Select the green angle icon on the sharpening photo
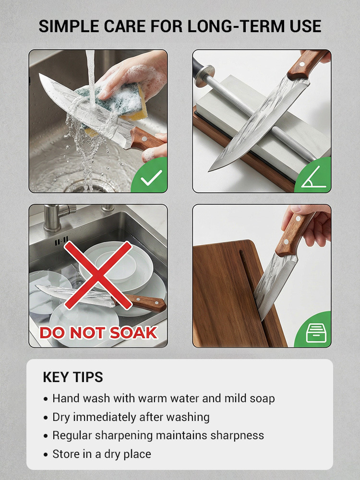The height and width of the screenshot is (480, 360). tap(314, 177)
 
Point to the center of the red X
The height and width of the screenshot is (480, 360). tap(98, 275)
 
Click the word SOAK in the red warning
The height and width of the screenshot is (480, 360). tap(133, 333)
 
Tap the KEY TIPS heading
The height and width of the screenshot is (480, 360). tap(73, 377)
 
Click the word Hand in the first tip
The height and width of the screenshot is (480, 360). tap(66, 398)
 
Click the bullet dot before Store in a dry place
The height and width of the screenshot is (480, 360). tap(46, 455)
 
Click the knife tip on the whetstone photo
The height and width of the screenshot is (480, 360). tap(210, 170)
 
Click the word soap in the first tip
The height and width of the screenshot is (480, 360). tap(262, 399)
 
